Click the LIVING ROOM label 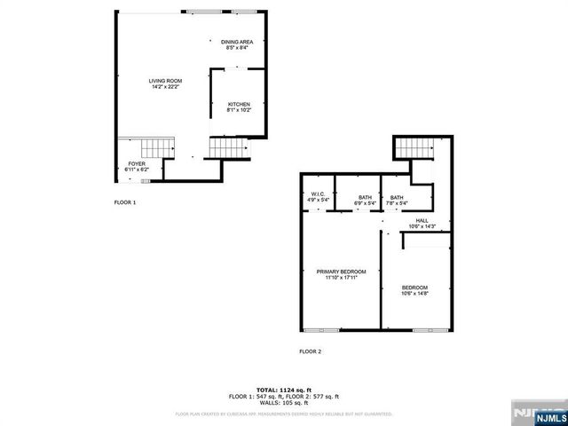click(164, 80)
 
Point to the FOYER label click(136, 164)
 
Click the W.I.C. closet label click(318, 194)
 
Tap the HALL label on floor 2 click(422, 220)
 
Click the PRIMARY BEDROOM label click(341, 272)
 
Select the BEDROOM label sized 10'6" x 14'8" click(414, 288)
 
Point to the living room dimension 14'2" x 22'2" click(164, 87)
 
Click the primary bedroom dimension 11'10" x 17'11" click(341, 279)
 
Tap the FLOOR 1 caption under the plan click(125, 203)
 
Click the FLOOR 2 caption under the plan click(310, 351)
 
